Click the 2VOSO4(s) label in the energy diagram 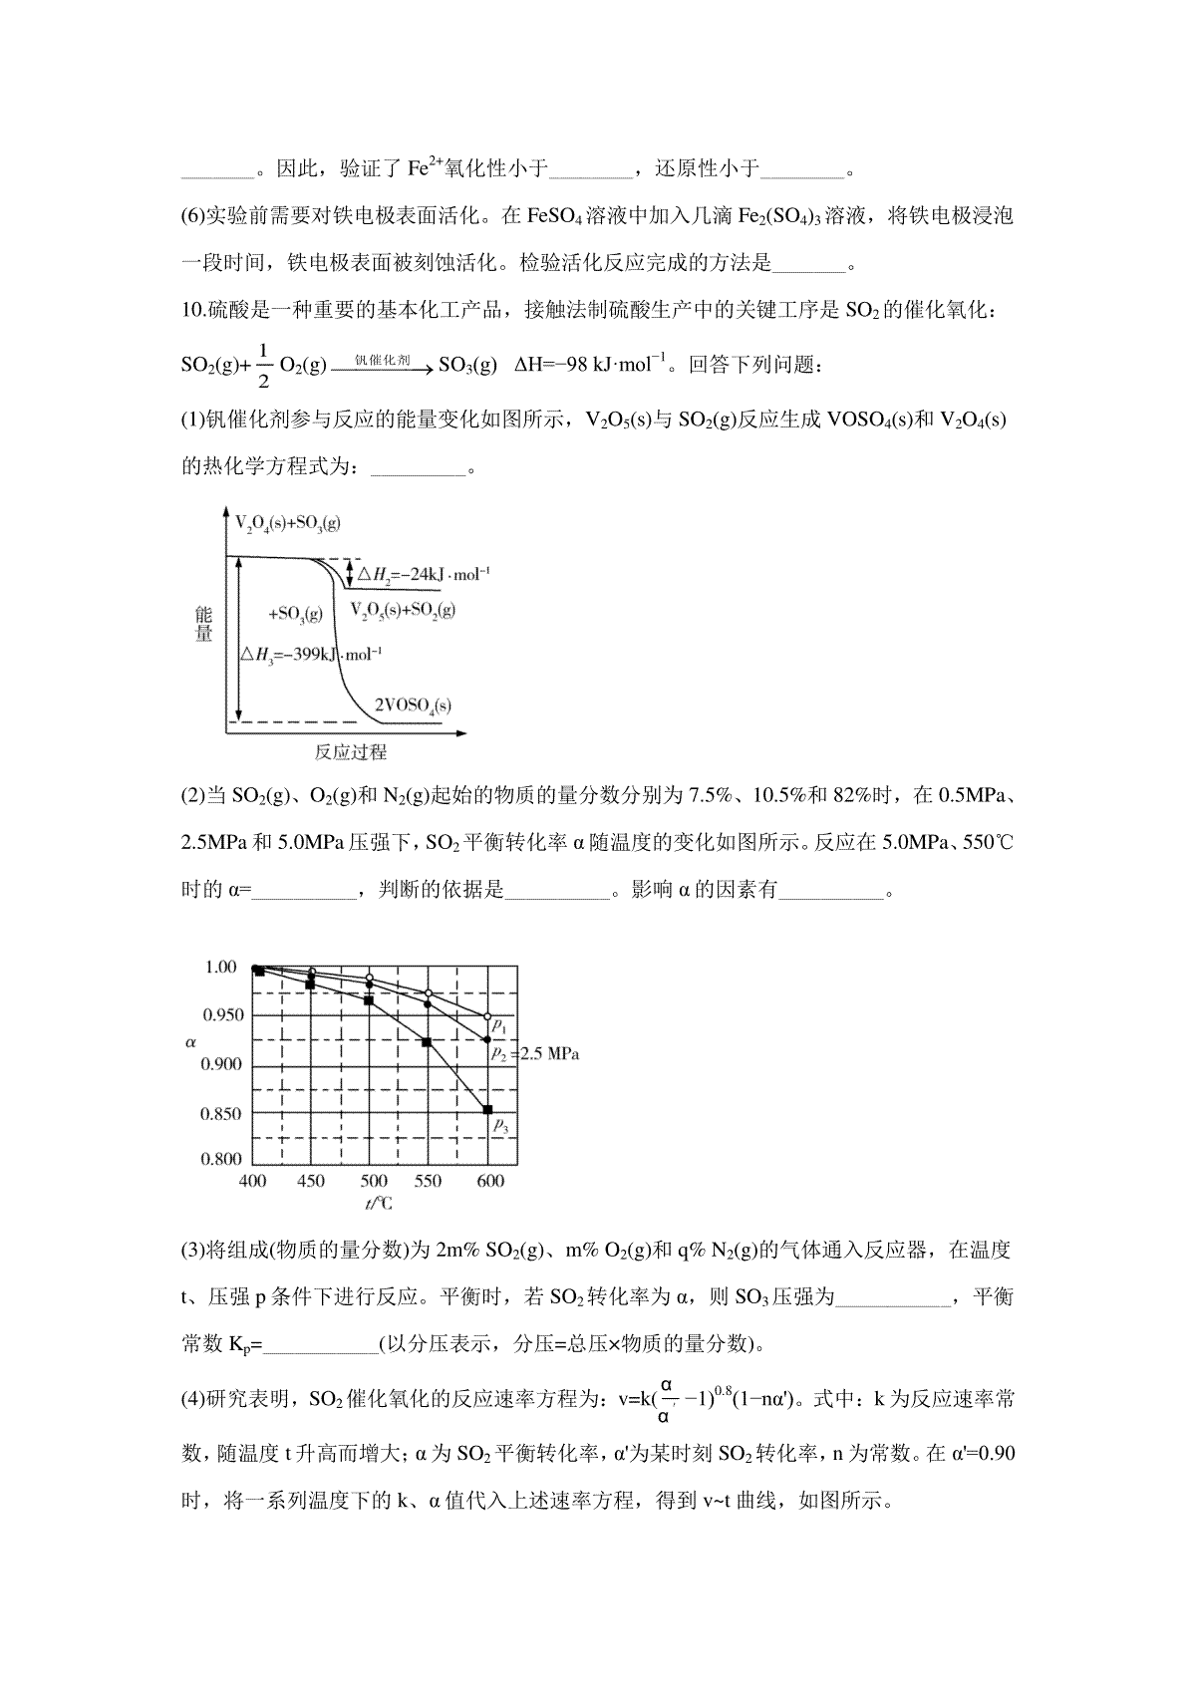412,705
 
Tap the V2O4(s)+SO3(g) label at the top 287,523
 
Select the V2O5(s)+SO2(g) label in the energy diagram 403,610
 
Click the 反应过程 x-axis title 350,751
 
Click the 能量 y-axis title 204,625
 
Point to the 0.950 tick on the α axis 222,1015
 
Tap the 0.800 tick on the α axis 222,1159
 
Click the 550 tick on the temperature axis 428,1181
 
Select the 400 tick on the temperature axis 253,1181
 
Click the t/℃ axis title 379,1204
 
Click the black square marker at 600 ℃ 487,1109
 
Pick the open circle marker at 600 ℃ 487,1017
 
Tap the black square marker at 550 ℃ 428,1042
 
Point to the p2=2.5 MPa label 533,1053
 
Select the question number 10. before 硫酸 193,311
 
